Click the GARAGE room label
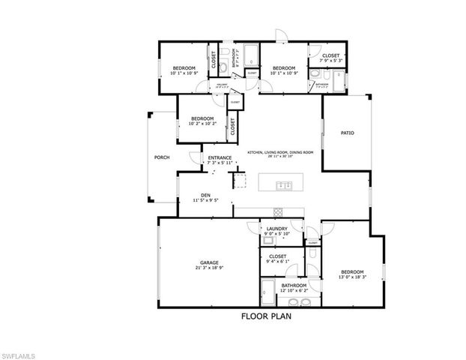pos(209,262)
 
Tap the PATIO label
pos(348,133)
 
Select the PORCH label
pos(161,157)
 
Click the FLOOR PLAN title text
pos(266,316)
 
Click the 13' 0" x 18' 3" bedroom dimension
pos(352,277)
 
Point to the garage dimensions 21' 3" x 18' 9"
pos(209,268)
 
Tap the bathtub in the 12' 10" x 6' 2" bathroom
pos(269,288)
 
